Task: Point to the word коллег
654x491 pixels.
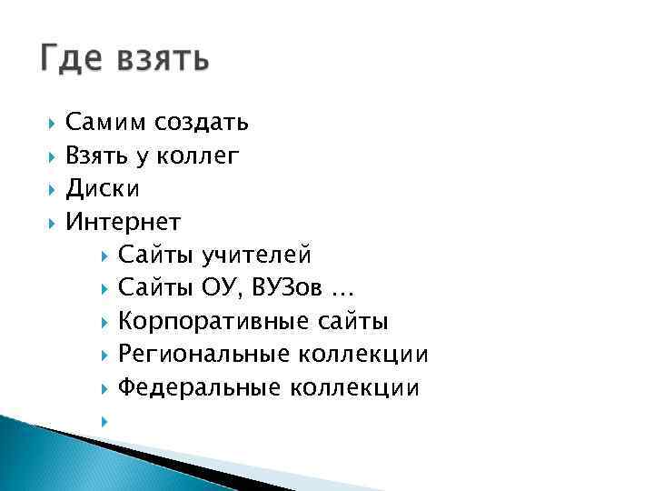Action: coord(199,156)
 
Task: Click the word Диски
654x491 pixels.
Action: coord(103,189)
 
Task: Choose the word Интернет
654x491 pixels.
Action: coord(124,222)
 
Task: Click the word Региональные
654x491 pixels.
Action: coord(208,355)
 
